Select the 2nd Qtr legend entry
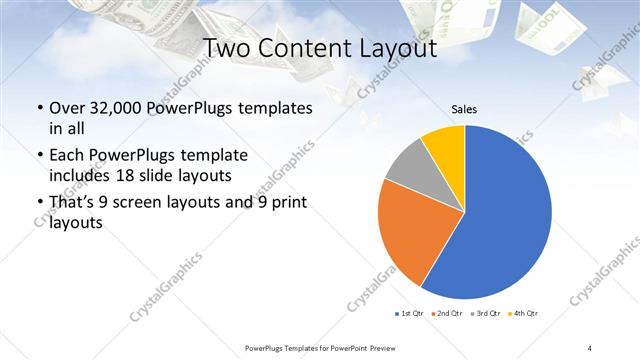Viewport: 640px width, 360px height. tap(447, 314)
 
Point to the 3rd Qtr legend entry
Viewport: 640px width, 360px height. tap(485, 314)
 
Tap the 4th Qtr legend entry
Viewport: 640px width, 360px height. tap(523, 314)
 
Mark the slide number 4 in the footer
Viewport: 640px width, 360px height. tap(590, 347)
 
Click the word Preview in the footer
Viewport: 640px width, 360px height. tap(380, 347)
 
